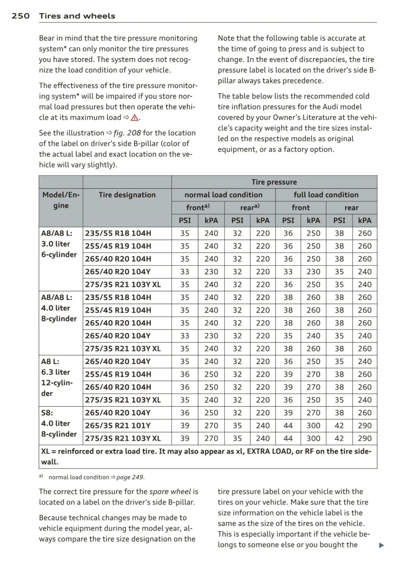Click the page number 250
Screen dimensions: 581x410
tap(21, 16)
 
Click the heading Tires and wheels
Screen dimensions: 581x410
tap(77, 16)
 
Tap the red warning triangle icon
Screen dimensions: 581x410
tap(135, 118)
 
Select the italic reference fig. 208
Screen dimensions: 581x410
tap(127, 133)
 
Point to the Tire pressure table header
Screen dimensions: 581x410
tap(274, 182)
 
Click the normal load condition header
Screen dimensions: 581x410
tap(223, 195)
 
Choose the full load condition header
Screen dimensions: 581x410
tap(326, 195)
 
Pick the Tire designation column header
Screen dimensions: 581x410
tap(127, 195)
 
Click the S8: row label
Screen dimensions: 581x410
tap(47, 413)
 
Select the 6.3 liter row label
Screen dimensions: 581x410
tap(56, 372)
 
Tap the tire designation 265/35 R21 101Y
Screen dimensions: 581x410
tap(118, 425)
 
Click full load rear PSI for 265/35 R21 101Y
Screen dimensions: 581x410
tap(339, 425)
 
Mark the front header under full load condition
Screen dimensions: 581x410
tap(301, 208)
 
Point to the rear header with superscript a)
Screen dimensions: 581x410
tap(250, 208)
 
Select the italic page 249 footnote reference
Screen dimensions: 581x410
tap(130, 477)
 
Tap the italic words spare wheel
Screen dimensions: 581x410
tap(170, 492)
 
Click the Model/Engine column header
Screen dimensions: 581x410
tap(61, 200)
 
